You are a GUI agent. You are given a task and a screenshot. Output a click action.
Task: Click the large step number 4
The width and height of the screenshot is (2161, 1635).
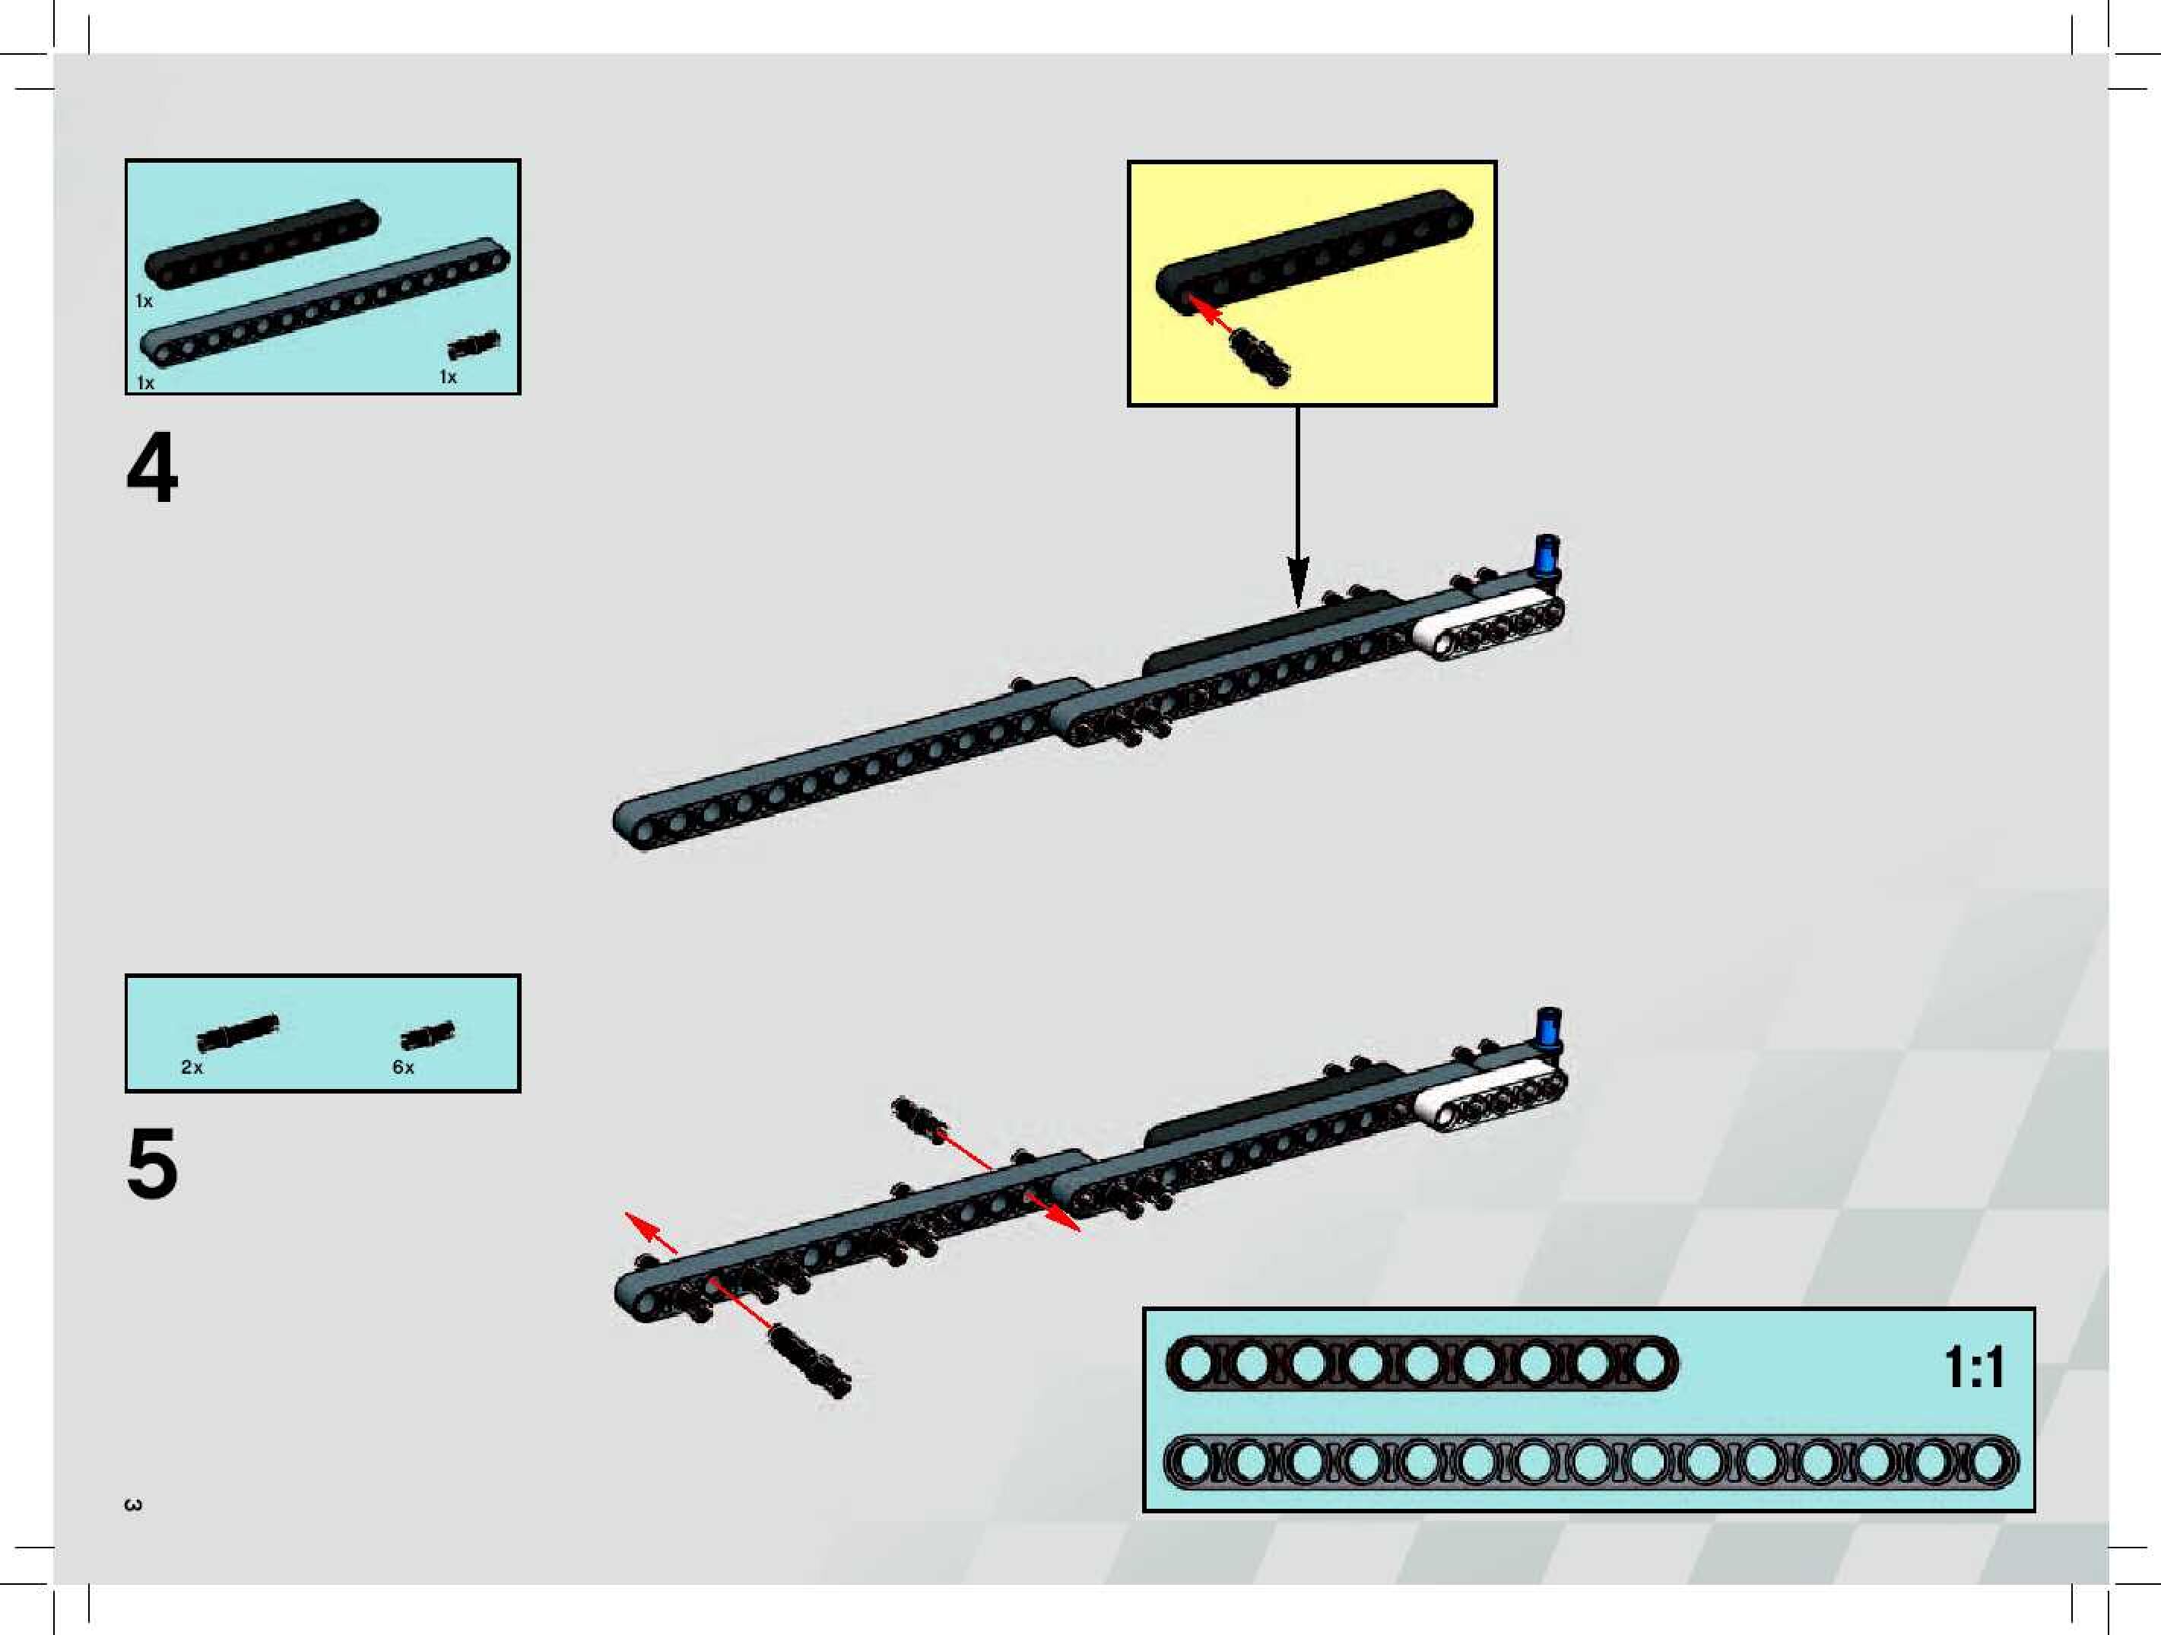[152, 468]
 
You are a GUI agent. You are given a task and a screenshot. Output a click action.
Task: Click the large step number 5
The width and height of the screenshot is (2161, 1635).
[152, 1163]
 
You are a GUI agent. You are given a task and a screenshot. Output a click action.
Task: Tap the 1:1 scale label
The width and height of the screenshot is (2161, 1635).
[1973, 1367]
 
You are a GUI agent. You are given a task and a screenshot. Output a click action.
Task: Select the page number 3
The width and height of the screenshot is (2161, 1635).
[134, 1504]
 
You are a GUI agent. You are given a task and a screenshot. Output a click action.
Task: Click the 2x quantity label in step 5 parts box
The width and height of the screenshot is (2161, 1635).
[192, 1067]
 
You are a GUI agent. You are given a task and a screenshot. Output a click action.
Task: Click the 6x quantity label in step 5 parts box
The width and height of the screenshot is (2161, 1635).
[402, 1067]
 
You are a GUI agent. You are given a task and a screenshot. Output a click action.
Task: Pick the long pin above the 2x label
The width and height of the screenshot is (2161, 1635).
[237, 1031]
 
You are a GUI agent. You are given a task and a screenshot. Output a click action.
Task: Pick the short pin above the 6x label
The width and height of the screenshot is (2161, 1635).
[427, 1036]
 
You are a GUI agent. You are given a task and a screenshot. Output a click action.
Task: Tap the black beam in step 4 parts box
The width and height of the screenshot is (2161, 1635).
[261, 243]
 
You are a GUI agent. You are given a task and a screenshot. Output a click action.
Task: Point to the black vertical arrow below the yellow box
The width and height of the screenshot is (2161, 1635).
[1297, 508]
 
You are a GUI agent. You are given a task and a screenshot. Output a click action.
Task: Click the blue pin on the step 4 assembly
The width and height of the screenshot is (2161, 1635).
[1547, 558]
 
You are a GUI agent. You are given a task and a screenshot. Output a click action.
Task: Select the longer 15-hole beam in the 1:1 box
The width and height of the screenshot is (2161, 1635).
[1591, 1463]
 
